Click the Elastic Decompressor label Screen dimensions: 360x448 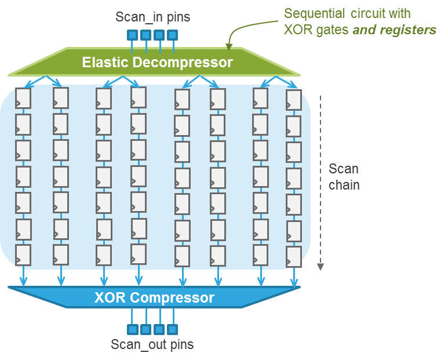157,62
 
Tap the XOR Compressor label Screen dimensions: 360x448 154,298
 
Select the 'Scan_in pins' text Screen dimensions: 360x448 152,17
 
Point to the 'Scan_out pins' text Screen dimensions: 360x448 152,344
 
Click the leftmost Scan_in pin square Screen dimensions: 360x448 132,35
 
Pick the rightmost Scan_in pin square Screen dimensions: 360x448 172,35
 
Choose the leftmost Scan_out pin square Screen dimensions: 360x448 132,329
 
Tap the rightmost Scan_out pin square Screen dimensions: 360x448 172,329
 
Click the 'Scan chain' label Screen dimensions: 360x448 344,177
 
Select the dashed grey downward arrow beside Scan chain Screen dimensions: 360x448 320,180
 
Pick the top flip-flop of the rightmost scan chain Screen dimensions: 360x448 294,100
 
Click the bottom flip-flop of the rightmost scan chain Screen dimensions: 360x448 294,257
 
